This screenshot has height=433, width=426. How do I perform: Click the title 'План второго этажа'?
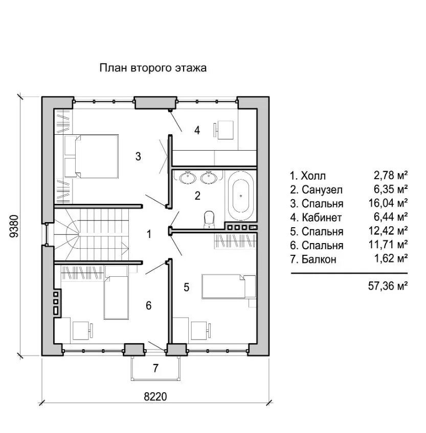[x=153, y=67]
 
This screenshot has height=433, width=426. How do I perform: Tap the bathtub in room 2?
[x=241, y=196]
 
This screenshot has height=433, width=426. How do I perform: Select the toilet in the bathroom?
[x=209, y=220]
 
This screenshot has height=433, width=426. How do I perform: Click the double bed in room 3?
[x=91, y=156]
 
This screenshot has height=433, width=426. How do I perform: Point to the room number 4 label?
[x=197, y=130]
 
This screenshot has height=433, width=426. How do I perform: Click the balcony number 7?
[x=155, y=368]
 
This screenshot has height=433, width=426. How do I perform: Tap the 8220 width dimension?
[x=155, y=397]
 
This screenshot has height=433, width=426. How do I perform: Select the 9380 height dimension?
[x=14, y=226]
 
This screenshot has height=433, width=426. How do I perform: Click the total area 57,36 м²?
[x=388, y=286]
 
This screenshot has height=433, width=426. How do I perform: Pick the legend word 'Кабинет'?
[x=322, y=218]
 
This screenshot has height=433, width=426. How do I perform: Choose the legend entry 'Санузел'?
[x=322, y=190]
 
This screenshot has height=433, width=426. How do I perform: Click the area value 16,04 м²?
[x=388, y=203]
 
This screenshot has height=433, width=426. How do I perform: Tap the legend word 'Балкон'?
[x=319, y=259]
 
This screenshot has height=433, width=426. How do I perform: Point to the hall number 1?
[x=149, y=234]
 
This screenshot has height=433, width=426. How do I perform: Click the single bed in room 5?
[x=229, y=286]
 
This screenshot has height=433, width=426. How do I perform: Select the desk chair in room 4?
[x=215, y=130]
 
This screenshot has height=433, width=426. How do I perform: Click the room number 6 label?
[x=148, y=305]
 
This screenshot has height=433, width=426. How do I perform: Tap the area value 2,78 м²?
[x=391, y=175]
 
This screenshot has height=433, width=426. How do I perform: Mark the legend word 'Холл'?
[x=313, y=176]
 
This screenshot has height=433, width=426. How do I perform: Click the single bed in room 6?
[x=116, y=297]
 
